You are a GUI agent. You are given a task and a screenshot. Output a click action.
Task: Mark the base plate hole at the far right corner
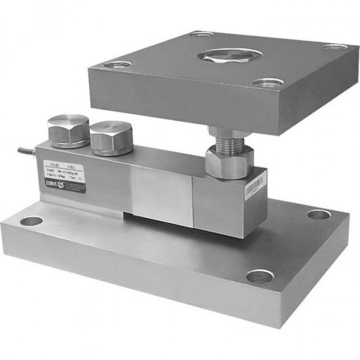[319, 215]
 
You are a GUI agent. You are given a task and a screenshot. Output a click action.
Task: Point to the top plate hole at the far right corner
[336, 47]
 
